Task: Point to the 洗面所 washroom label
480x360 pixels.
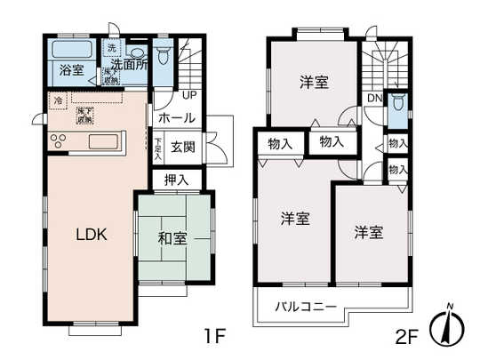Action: (128, 64)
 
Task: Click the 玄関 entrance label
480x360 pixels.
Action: (183, 148)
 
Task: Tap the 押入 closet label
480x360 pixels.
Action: (176, 180)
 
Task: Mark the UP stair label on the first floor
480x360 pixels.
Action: (189, 94)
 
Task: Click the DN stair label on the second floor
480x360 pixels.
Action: (375, 99)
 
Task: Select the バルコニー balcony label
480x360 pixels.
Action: (304, 307)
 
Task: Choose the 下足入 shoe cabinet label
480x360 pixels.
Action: (157, 147)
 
